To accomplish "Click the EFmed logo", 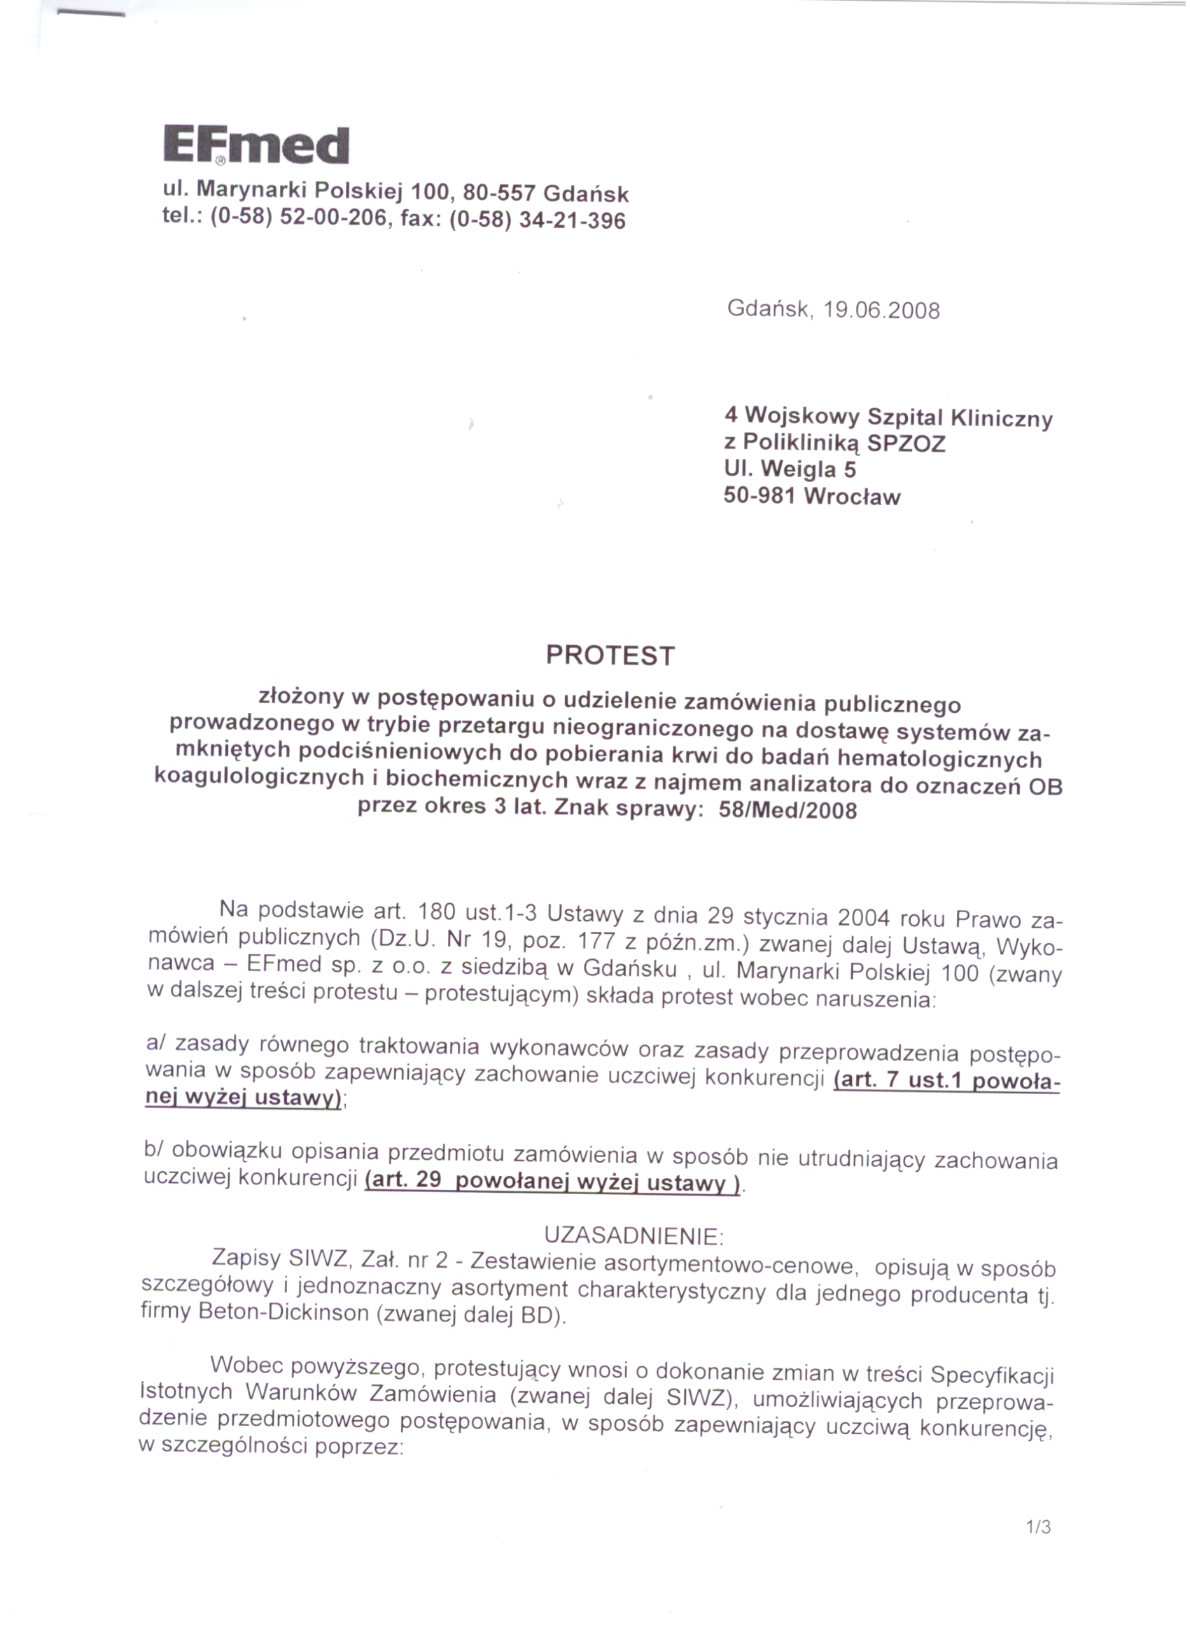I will click(256, 146).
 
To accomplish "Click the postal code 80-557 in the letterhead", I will click(500, 192).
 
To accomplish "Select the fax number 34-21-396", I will click(573, 220).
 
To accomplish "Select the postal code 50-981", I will click(759, 496).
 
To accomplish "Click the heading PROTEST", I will click(610, 655).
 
